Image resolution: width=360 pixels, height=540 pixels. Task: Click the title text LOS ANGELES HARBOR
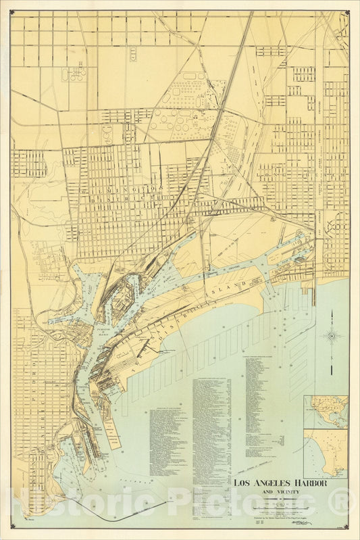pos(280,484)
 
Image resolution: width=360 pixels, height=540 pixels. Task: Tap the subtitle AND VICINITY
pos(280,493)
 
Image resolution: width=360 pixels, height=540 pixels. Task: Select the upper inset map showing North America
pos(326,412)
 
